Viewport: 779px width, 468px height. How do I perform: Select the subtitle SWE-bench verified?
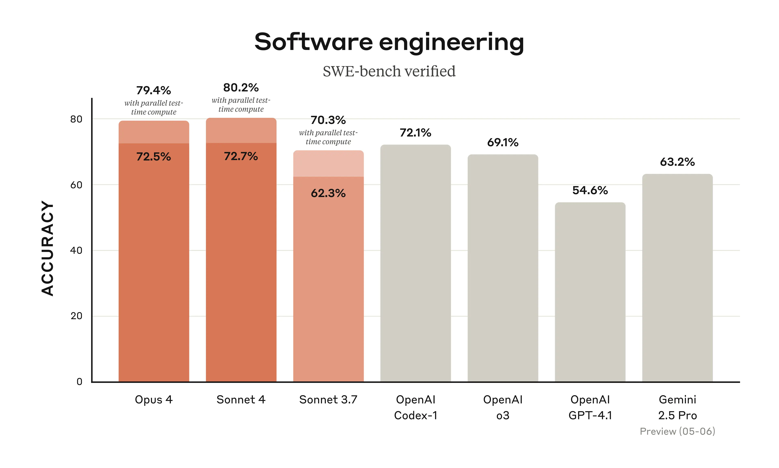[389, 71]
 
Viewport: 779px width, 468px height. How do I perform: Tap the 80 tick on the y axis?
[76, 119]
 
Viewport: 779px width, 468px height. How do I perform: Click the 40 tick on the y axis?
[76, 250]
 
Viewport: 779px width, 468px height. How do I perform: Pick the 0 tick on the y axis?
[79, 382]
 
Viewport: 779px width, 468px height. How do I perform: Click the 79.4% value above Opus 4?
[154, 91]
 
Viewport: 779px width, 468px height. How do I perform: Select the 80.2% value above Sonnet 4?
[241, 88]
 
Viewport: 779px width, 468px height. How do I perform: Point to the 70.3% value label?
[328, 120]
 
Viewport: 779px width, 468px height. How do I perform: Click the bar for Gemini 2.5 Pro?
[677, 277]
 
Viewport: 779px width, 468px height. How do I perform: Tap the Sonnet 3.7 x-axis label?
[328, 400]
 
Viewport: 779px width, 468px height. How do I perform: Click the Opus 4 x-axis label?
[154, 400]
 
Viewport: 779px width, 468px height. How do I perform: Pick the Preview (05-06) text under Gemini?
[677, 431]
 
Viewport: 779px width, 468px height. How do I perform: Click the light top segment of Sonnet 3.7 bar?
[328, 163]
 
